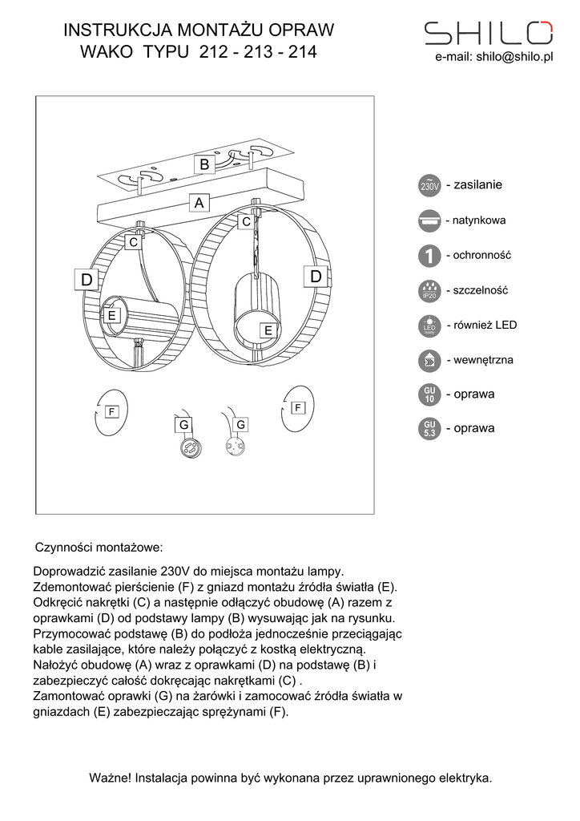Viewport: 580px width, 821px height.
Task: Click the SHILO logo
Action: [x=487, y=32]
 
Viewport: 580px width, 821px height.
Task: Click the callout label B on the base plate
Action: [x=204, y=164]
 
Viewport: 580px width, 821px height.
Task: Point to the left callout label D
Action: [x=87, y=279]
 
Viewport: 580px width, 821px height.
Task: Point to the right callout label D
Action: [x=316, y=277]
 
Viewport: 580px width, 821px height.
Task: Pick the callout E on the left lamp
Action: [x=112, y=316]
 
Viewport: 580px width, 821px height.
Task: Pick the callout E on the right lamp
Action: [x=268, y=330]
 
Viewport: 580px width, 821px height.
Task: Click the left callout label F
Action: [x=111, y=411]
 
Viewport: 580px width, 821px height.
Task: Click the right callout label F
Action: [x=297, y=407]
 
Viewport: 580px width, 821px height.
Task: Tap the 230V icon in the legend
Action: [x=429, y=186]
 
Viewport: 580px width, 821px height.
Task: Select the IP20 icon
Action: [x=429, y=291]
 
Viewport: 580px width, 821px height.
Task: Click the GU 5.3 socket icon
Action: [x=429, y=429]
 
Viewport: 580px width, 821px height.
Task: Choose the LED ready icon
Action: [x=429, y=326]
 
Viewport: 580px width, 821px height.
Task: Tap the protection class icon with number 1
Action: [x=429, y=257]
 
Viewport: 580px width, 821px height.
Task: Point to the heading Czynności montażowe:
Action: [x=99, y=548]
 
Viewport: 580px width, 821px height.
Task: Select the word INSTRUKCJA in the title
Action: [x=109, y=30]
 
